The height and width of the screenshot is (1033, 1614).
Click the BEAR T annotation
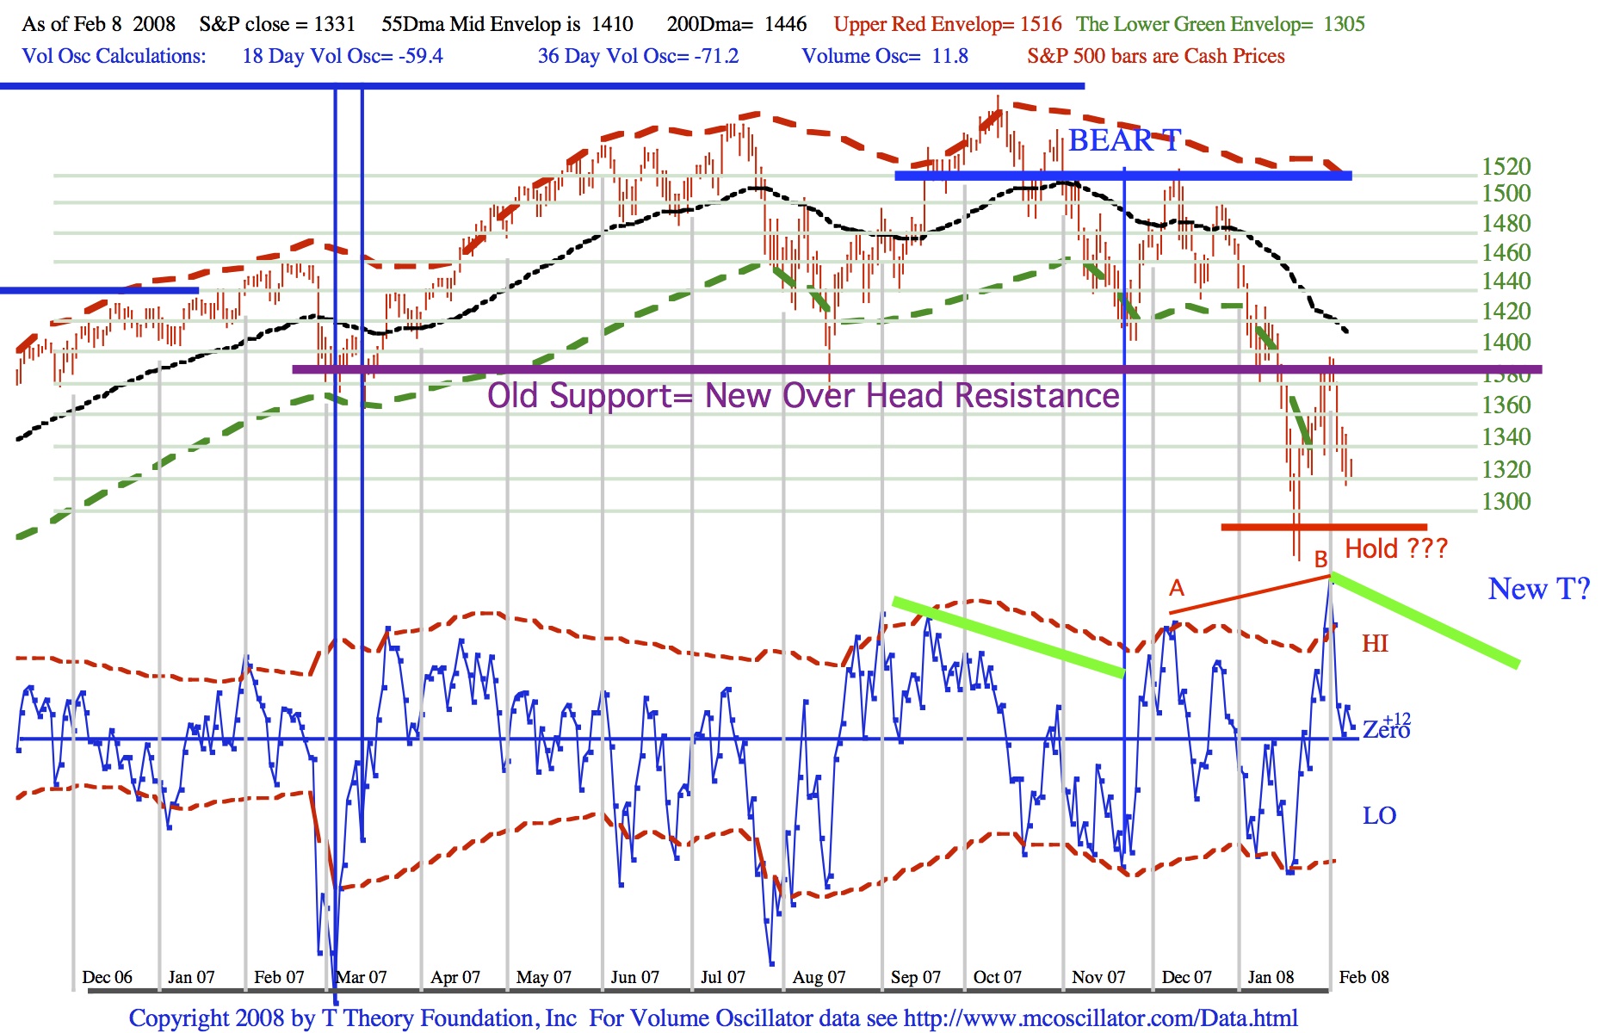coord(1124,140)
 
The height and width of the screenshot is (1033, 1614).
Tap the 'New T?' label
coord(1539,589)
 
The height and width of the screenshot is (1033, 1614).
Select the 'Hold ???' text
coord(1396,548)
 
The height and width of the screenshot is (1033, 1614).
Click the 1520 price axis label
coord(1506,166)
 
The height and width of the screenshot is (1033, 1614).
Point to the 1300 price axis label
coord(1506,501)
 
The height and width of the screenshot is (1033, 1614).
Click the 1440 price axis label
coord(1506,281)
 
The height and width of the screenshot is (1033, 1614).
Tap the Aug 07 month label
coord(819,977)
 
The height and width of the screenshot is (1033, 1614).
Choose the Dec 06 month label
coord(107,977)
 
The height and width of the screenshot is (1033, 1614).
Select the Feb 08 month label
coord(1364,977)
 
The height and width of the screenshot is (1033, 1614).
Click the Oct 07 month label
coord(997,977)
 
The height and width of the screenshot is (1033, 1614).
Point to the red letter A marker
coord(1177,588)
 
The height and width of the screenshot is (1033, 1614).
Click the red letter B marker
coord(1320,560)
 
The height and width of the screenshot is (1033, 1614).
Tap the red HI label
coord(1375,644)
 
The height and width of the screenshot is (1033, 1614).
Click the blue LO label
coord(1379,816)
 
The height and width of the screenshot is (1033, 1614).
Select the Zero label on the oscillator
coord(1384,730)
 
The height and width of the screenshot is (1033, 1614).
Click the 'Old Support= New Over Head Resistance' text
coord(803,396)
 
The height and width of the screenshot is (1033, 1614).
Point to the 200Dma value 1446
coord(785,24)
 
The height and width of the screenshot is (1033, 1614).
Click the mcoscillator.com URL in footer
coord(1100,1018)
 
